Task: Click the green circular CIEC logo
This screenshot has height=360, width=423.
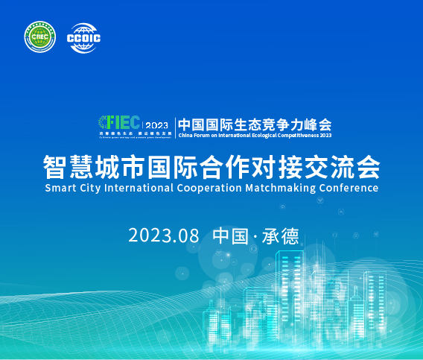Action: [40, 38]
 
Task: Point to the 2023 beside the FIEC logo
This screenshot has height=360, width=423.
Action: [157, 124]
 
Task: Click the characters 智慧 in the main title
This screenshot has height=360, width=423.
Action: [68, 164]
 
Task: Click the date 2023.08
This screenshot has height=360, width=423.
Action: [164, 236]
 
